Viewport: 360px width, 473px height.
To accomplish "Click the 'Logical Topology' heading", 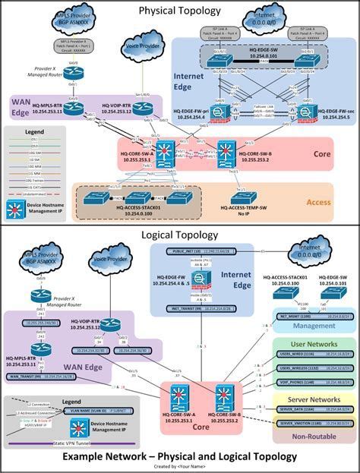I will (180, 236).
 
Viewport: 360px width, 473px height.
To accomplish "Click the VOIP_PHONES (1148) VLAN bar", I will (313, 381).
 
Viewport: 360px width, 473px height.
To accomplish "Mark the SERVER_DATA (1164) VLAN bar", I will (313, 408).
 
